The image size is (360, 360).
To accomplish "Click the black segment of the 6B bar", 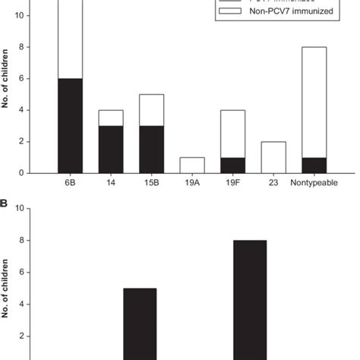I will [70, 125].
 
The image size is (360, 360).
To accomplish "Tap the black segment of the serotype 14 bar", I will [112, 149].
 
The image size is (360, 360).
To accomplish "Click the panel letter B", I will [5, 204].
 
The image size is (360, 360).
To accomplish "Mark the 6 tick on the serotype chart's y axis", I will [27, 79].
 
